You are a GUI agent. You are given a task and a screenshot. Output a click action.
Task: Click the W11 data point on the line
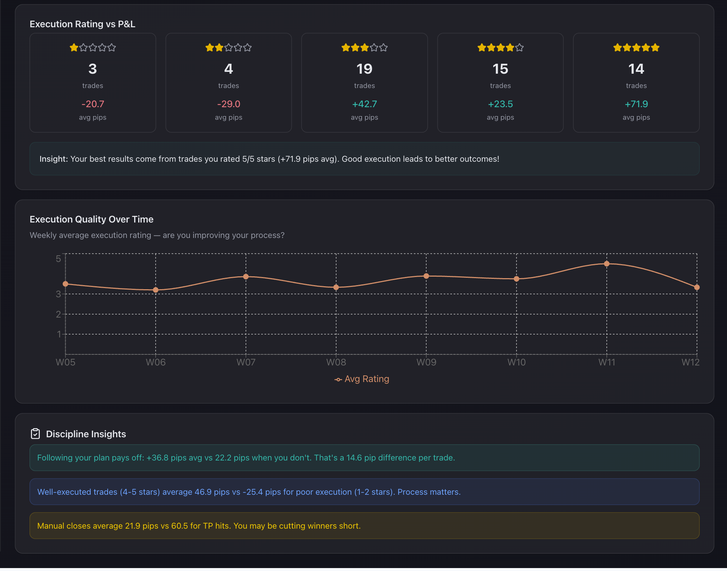pos(606,264)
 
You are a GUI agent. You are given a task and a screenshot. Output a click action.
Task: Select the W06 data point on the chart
pos(156,290)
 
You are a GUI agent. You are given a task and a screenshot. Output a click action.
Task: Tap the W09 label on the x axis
pos(426,362)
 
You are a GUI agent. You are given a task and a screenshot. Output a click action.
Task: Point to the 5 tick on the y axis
pos(58,259)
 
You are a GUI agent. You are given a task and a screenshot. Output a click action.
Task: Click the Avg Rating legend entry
pos(362,379)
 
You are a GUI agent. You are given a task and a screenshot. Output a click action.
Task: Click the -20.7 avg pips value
pos(93,104)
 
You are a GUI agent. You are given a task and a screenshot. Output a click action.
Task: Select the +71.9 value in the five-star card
pos(636,104)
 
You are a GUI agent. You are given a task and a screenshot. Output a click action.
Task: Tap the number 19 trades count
pos(364,69)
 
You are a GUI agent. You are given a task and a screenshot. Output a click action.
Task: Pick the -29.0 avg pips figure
pos(229,104)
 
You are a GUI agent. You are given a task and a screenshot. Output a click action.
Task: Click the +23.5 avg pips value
pos(500,104)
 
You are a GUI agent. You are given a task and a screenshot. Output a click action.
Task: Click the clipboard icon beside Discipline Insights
pos(35,434)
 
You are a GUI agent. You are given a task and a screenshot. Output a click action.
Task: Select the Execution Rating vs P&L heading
pos(83,24)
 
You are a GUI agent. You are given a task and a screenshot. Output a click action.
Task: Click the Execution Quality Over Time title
pos(91,220)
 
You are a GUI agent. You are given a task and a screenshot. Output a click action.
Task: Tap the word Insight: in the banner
pos(54,159)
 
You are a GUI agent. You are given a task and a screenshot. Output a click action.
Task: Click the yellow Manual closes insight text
pos(199,526)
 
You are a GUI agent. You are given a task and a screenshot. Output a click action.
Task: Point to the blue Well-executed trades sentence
pos(249,492)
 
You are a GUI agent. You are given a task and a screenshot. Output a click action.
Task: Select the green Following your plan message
pos(246,458)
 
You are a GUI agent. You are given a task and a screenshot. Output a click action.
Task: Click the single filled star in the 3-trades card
pos(74,48)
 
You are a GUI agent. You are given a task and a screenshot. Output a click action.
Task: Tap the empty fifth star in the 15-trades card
pos(519,48)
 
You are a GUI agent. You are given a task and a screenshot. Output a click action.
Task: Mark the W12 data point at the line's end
pos(696,287)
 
